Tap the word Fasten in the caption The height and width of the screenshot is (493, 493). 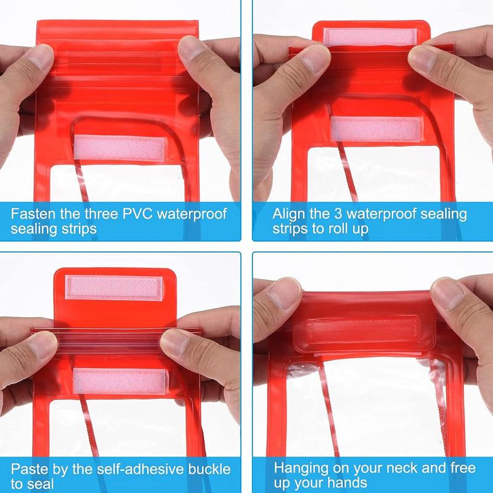point(31,214)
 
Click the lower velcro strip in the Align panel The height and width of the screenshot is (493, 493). point(375,129)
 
